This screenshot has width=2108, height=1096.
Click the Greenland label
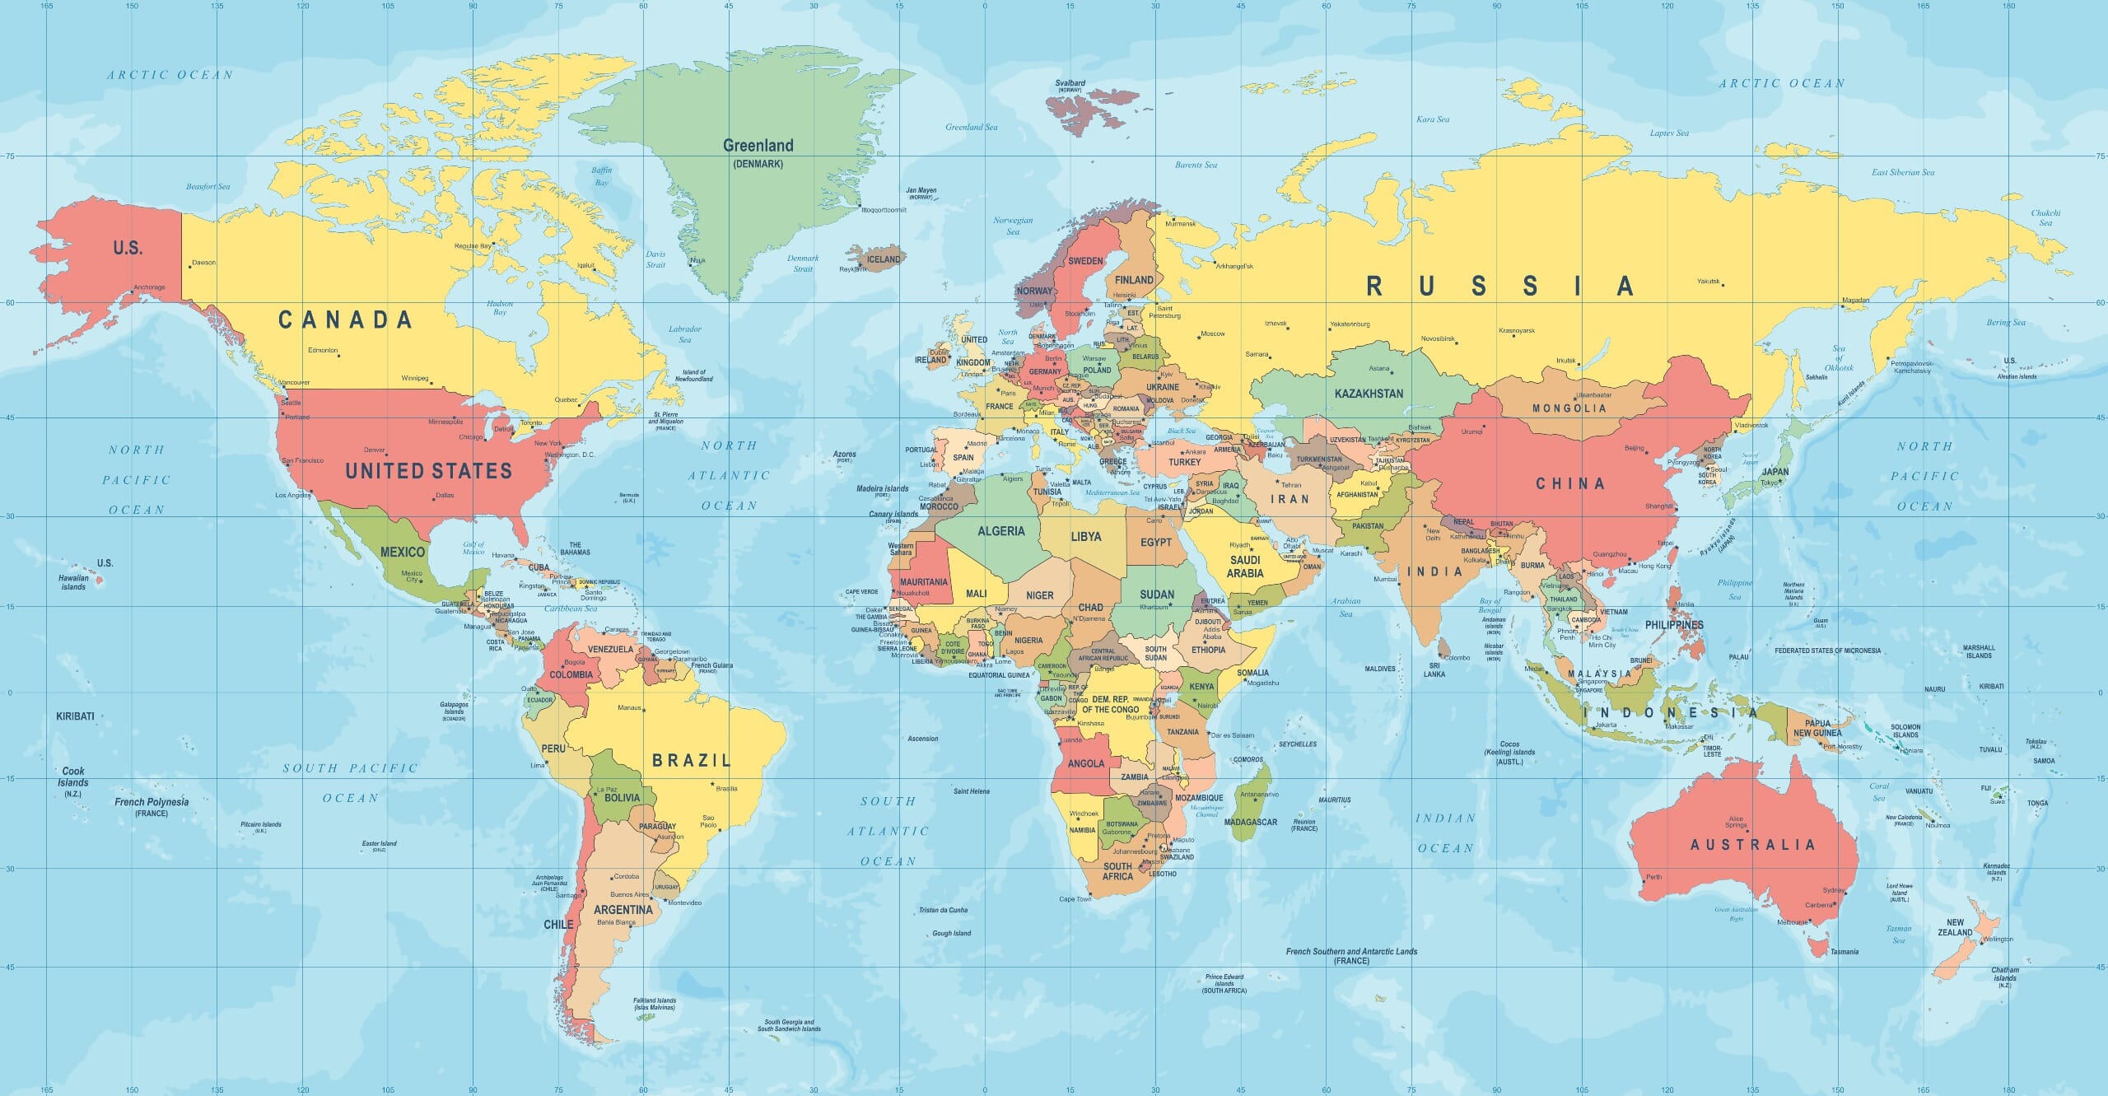pyautogui.click(x=758, y=146)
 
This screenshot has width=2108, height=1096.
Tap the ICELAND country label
pyautogui.click(x=884, y=259)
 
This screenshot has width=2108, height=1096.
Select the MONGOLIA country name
pyautogui.click(x=1569, y=408)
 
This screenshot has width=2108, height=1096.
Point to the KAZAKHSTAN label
pyautogui.click(x=1369, y=394)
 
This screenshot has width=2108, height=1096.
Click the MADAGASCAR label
pyautogui.click(x=1250, y=822)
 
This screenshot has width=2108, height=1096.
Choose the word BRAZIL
pyautogui.click(x=691, y=760)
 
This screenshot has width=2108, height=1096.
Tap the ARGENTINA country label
pyautogui.click(x=623, y=910)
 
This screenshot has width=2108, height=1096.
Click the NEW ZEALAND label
pyautogui.click(x=1955, y=927)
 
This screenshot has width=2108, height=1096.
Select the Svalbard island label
pyautogui.click(x=1070, y=83)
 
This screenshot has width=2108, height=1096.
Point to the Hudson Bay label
pyautogui.click(x=500, y=308)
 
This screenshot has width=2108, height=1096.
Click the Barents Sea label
pyautogui.click(x=1196, y=166)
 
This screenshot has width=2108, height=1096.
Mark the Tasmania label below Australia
pyautogui.click(x=1844, y=952)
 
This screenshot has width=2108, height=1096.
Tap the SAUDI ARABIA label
pyautogui.click(x=1244, y=567)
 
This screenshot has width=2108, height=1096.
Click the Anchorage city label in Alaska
pyautogui.click(x=150, y=287)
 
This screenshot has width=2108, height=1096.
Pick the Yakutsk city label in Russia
pyautogui.click(x=1708, y=282)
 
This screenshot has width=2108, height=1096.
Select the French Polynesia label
pyautogui.click(x=152, y=802)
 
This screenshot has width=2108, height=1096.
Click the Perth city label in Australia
pyautogui.click(x=1653, y=877)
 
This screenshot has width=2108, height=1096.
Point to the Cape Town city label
pyautogui.click(x=1075, y=899)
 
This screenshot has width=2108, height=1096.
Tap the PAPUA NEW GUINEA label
pyautogui.click(x=1817, y=728)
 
